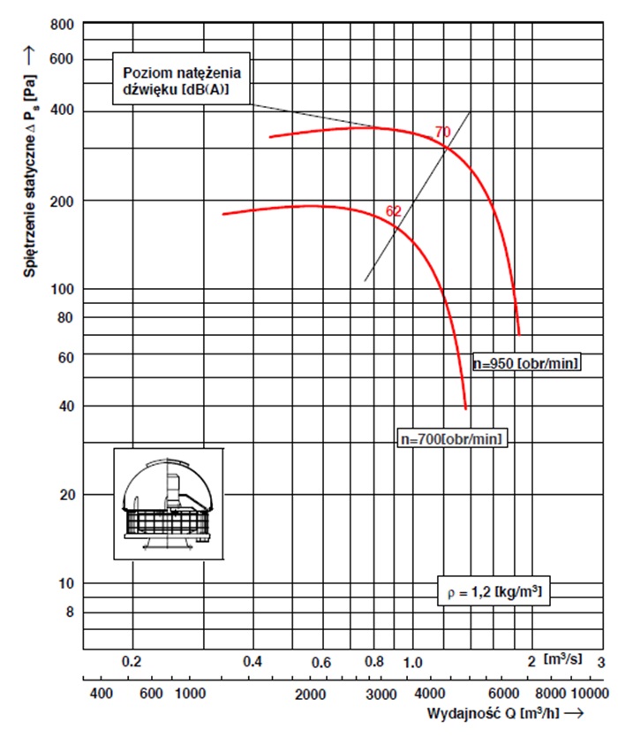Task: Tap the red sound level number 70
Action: [x=443, y=132]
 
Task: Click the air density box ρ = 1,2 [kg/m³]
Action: [x=490, y=590]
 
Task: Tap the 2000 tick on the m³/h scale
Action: [x=312, y=694]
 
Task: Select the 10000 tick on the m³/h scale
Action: [x=589, y=694]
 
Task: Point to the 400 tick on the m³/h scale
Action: [x=102, y=694]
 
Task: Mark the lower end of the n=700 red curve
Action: [x=465, y=408]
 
